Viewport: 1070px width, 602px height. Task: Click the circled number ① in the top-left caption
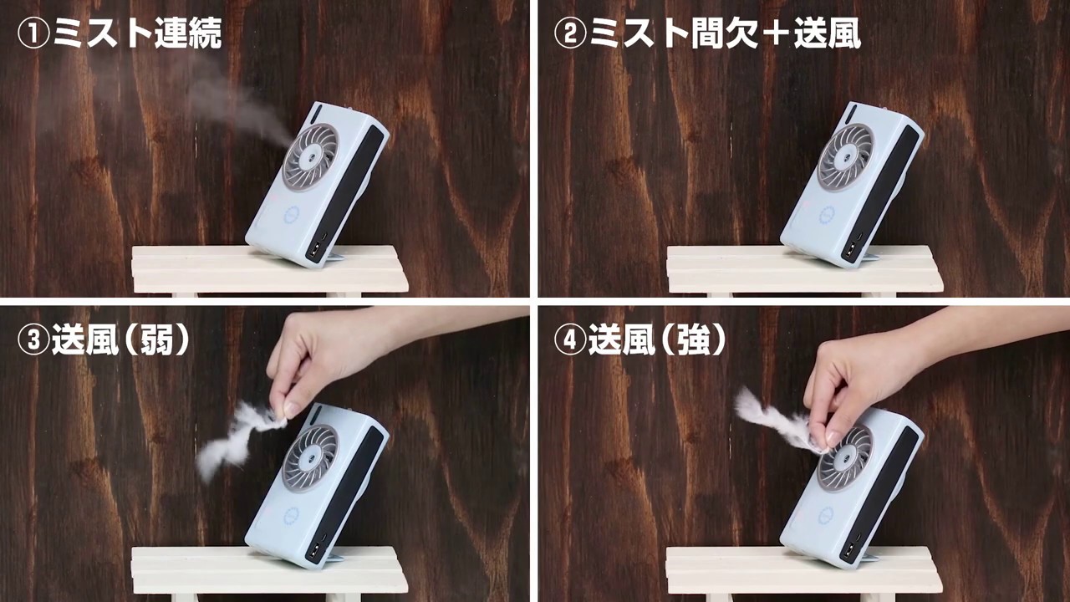(33, 34)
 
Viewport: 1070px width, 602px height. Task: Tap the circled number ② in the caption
(570, 34)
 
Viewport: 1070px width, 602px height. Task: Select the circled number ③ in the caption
(33, 340)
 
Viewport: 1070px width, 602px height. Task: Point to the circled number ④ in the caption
(570, 340)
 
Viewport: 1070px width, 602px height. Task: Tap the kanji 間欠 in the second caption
(724, 33)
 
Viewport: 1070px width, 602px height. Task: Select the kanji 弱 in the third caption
(155, 339)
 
